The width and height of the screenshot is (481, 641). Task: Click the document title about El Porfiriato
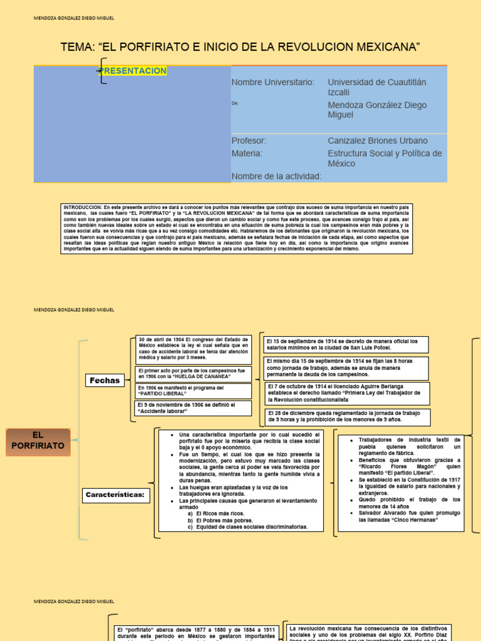click(x=240, y=47)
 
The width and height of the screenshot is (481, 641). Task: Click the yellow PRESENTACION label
click(x=134, y=71)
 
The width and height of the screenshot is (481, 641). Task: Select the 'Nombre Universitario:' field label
click(x=273, y=82)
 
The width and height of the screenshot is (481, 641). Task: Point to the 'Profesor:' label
click(x=249, y=141)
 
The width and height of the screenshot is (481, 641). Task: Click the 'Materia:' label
click(x=247, y=153)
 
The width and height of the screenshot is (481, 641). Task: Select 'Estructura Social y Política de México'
click(x=385, y=158)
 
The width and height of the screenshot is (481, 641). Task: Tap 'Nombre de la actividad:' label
click(x=276, y=176)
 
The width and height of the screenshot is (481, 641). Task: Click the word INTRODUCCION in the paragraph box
click(x=83, y=207)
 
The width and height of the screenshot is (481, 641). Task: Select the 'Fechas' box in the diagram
click(x=105, y=380)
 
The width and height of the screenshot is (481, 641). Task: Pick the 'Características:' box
click(x=115, y=495)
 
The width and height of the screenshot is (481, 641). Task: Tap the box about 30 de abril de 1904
click(x=194, y=349)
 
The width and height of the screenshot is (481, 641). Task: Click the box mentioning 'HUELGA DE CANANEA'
click(x=194, y=374)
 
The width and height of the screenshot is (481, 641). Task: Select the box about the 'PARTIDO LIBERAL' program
click(x=194, y=391)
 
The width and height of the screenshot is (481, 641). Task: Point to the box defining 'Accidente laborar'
click(x=194, y=408)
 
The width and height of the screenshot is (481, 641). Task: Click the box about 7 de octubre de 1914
click(x=348, y=393)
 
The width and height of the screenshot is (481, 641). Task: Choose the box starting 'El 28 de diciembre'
click(x=348, y=417)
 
